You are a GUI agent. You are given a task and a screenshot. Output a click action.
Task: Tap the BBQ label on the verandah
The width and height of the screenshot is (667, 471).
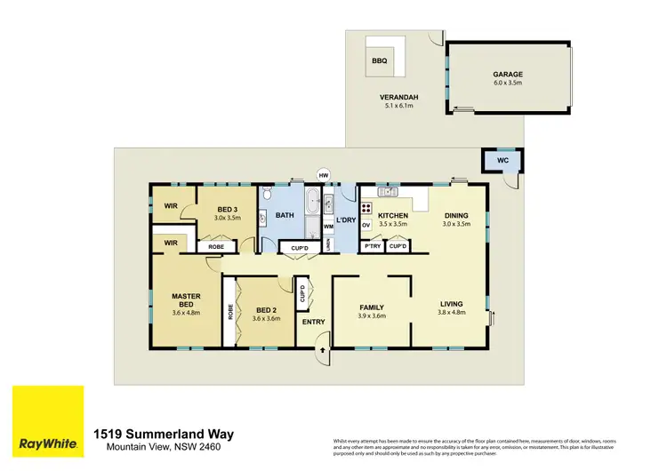(x=379, y=60)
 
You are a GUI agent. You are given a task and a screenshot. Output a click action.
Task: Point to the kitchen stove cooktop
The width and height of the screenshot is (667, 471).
(x=366, y=211)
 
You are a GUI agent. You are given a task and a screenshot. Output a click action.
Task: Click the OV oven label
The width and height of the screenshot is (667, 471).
(x=366, y=226)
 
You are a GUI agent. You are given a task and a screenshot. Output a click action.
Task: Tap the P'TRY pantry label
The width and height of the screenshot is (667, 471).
(x=372, y=246)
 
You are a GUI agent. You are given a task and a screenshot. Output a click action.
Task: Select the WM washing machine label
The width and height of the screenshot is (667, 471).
(x=328, y=227)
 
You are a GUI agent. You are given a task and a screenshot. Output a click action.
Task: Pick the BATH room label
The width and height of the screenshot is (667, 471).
(x=285, y=215)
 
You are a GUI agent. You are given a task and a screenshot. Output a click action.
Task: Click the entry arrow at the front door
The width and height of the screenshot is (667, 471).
(x=322, y=354)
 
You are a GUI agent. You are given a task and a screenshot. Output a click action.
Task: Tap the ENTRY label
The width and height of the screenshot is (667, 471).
(x=313, y=322)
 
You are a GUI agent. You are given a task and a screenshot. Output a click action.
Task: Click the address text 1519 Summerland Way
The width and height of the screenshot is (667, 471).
(x=164, y=434)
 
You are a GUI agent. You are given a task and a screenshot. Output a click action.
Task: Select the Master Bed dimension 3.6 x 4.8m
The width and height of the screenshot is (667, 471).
(x=186, y=313)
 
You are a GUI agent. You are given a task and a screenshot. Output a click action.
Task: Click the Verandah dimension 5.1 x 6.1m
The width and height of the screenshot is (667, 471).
(x=398, y=106)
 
